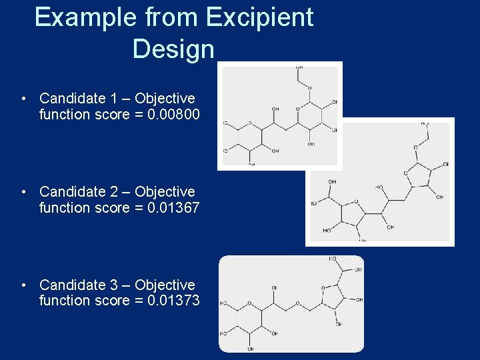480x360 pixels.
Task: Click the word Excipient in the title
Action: click(x=259, y=18)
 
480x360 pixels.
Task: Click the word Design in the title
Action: click(x=173, y=49)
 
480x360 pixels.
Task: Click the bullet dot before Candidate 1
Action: click(x=23, y=99)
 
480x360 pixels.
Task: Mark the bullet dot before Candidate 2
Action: click(x=23, y=193)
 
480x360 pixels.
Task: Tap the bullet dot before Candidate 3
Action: click(x=23, y=285)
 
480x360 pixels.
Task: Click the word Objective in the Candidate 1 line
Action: click(x=165, y=99)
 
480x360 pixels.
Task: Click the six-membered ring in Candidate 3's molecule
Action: click(x=250, y=318)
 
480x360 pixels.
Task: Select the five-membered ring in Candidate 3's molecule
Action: click(x=333, y=299)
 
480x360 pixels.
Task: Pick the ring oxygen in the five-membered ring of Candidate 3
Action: click(x=323, y=289)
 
